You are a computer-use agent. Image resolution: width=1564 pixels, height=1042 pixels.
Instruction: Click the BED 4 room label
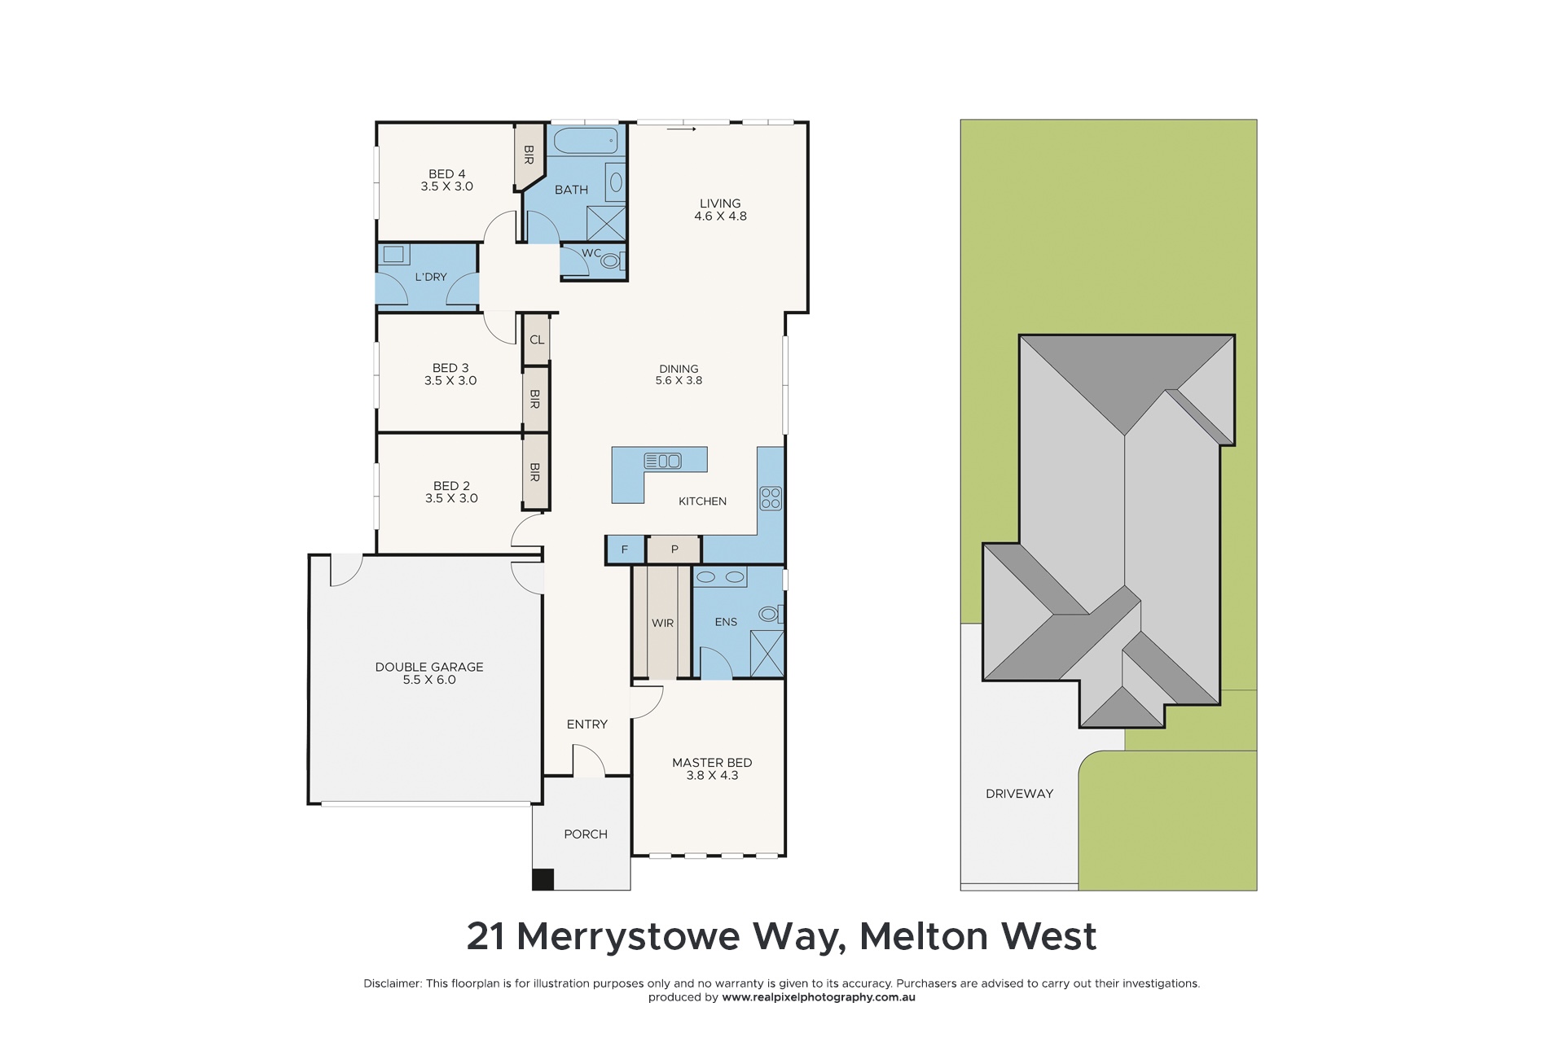(x=446, y=174)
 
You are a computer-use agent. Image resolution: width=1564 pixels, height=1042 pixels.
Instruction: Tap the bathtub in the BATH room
(x=585, y=142)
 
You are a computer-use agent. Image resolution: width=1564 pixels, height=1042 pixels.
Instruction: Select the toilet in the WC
(x=610, y=261)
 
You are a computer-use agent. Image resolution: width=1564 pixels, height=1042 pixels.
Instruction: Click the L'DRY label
(x=431, y=277)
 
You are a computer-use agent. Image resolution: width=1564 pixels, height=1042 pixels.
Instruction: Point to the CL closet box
(x=537, y=339)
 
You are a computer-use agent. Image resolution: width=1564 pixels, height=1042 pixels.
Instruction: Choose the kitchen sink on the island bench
(x=662, y=461)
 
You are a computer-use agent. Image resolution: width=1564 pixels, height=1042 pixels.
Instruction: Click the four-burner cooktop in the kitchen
(x=771, y=498)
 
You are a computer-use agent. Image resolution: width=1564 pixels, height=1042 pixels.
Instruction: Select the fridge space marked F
(x=625, y=549)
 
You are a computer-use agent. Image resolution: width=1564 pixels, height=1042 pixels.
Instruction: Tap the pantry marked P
(x=674, y=549)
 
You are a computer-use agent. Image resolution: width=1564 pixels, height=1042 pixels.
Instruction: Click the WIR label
(x=662, y=623)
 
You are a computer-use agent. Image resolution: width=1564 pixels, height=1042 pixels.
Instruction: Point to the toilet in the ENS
(x=767, y=614)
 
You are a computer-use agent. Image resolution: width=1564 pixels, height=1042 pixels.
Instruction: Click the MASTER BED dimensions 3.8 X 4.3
(x=712, y=776)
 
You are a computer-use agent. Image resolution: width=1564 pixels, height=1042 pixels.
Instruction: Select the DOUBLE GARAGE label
(x=429, y=667)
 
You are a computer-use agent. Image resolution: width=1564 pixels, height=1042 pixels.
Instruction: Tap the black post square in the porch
(x=543, y=879)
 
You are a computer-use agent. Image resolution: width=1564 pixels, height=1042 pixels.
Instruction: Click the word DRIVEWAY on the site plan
(x=1019, y=794)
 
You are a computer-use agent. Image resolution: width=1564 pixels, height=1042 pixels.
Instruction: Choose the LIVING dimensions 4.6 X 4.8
(x=720, y=217)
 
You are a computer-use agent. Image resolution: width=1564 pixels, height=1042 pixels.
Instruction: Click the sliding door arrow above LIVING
(x=682, y=129)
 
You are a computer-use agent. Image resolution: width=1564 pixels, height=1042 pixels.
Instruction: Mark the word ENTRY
(x=586, y=725)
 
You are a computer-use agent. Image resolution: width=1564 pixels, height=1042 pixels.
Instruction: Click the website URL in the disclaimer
(x=818, y=997)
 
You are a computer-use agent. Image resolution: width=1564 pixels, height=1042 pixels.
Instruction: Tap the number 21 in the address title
(x=485, y=937)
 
